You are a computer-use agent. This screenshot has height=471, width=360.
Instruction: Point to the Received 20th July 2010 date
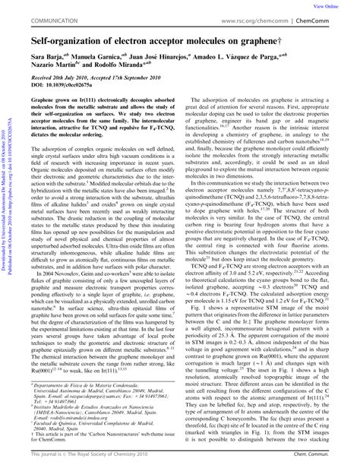click(x=62, y=79)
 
